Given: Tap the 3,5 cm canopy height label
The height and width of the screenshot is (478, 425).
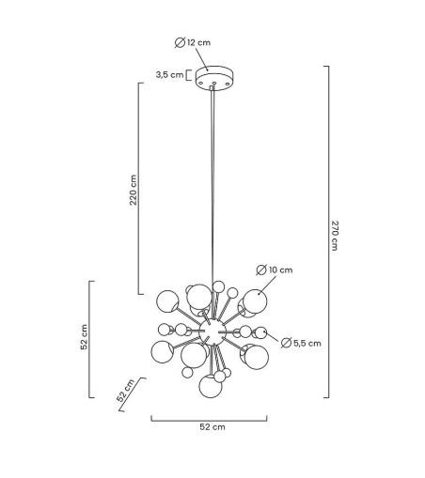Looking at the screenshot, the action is click(x=169, y=75).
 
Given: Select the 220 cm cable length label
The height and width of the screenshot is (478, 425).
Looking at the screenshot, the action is click(x=134, y=190).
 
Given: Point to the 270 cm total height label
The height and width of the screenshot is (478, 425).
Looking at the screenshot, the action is click(x=335, y=236).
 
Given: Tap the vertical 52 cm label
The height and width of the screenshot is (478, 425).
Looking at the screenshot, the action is click(x=85, y=337).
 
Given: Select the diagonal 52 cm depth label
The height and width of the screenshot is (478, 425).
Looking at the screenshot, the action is click(x=126, y=390).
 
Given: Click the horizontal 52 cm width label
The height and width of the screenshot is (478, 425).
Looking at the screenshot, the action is click(x=212, y=426).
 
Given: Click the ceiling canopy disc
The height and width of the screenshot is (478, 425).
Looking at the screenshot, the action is click(x=214, y=78).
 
